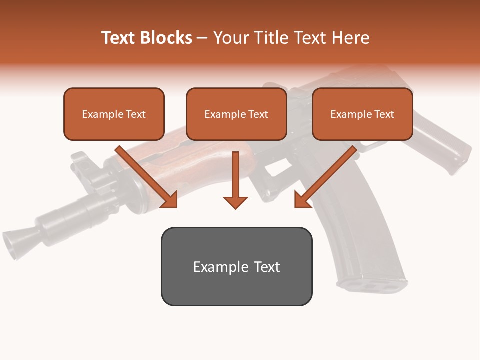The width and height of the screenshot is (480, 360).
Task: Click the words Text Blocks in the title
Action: tap(147, 38)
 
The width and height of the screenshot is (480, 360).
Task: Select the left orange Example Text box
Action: tap(114, 114)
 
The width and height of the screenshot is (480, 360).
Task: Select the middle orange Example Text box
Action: tap(236, 114)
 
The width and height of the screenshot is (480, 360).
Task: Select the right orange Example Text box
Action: tap(362, 114)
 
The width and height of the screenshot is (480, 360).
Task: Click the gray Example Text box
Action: tap(236, 266)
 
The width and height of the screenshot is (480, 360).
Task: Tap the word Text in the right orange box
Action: tap(384, 114)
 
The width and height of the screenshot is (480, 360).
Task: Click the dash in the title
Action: tap(202, 38)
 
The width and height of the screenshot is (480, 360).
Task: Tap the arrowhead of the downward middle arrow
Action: tap(235, 202)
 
